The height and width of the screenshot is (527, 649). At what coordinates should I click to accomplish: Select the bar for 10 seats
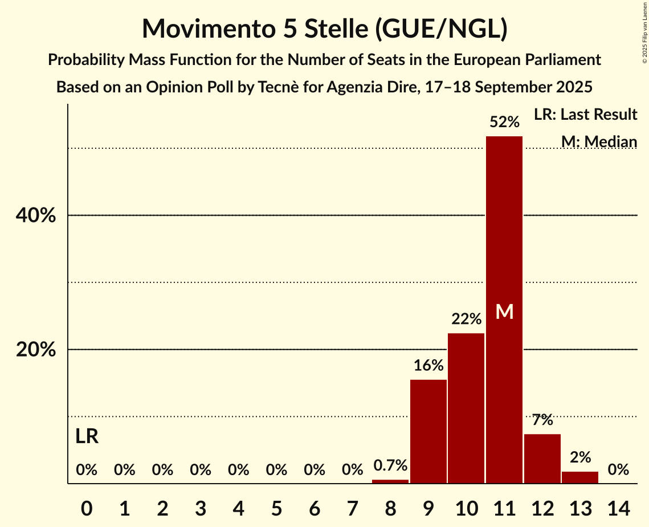[466, 408]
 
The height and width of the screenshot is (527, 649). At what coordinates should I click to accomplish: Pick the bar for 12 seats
[542, 459]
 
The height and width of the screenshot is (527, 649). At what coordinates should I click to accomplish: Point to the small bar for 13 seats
[580, 477]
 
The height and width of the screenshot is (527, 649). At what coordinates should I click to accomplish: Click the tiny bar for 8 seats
[390, 481]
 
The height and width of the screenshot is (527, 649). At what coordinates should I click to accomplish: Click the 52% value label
[504, 122]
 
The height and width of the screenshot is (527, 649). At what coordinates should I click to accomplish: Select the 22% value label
[466, 319]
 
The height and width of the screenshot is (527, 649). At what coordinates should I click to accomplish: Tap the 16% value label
[428, 366]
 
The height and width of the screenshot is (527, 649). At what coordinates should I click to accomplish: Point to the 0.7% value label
[390, 466]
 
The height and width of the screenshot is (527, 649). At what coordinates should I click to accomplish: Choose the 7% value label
[542, 420]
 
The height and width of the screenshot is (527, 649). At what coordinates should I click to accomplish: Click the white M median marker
[504, 311]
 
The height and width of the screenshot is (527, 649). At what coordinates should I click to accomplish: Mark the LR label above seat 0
[87, 437]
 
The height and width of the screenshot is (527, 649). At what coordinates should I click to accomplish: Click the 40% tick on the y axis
[36, 216]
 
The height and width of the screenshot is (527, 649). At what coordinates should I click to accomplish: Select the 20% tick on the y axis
[36, 350]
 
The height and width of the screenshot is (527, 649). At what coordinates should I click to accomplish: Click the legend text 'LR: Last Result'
[585, 115]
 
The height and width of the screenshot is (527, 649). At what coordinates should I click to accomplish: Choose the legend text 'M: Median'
[599, 141]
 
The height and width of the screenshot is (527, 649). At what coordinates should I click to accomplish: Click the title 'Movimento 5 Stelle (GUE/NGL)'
[324, 29]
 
